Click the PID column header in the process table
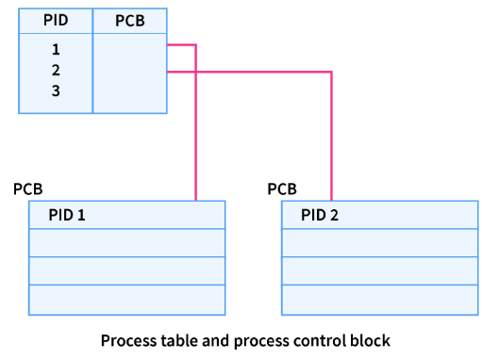(56, 21)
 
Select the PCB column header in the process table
(129, 21)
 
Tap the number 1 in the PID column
(56, 50)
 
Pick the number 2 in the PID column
(56, 71)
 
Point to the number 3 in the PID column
(56, 91)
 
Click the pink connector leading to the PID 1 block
(195, 123)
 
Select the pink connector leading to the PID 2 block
(331, 132)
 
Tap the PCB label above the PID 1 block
(27, 189)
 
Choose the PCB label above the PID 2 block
(282, 189)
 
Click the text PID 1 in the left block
(67, 215)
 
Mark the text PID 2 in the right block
(320, 215)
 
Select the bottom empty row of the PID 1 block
(127, 300)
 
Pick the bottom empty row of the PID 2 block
(380, 300)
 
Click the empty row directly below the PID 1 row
(127, 243)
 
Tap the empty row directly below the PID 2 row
(380, 243)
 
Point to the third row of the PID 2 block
(380, 271)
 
